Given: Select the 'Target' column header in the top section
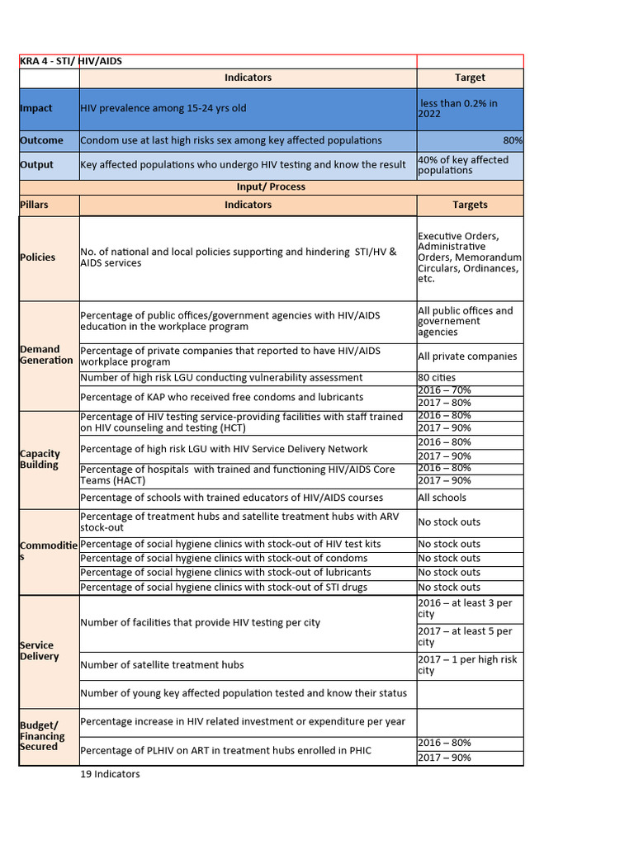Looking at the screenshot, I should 470,78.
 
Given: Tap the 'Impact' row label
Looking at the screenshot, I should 36,108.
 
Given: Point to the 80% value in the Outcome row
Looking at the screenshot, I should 512,141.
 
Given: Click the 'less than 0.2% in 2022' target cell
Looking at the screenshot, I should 469,108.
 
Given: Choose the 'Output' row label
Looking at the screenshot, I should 36,165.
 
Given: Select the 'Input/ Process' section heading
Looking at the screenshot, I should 271,186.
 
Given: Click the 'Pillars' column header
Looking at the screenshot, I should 34,205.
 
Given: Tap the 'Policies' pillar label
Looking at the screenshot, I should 38,257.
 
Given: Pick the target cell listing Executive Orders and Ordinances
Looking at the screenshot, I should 469,257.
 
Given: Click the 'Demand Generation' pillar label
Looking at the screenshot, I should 45,355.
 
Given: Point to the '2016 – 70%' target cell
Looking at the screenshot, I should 444,390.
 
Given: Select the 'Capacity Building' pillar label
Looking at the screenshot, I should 40,459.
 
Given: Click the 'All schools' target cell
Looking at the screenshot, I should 442,498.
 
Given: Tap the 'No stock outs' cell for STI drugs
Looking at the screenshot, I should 449,588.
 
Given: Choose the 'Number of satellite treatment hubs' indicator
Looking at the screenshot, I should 162,665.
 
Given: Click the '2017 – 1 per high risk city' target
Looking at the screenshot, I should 467,665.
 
